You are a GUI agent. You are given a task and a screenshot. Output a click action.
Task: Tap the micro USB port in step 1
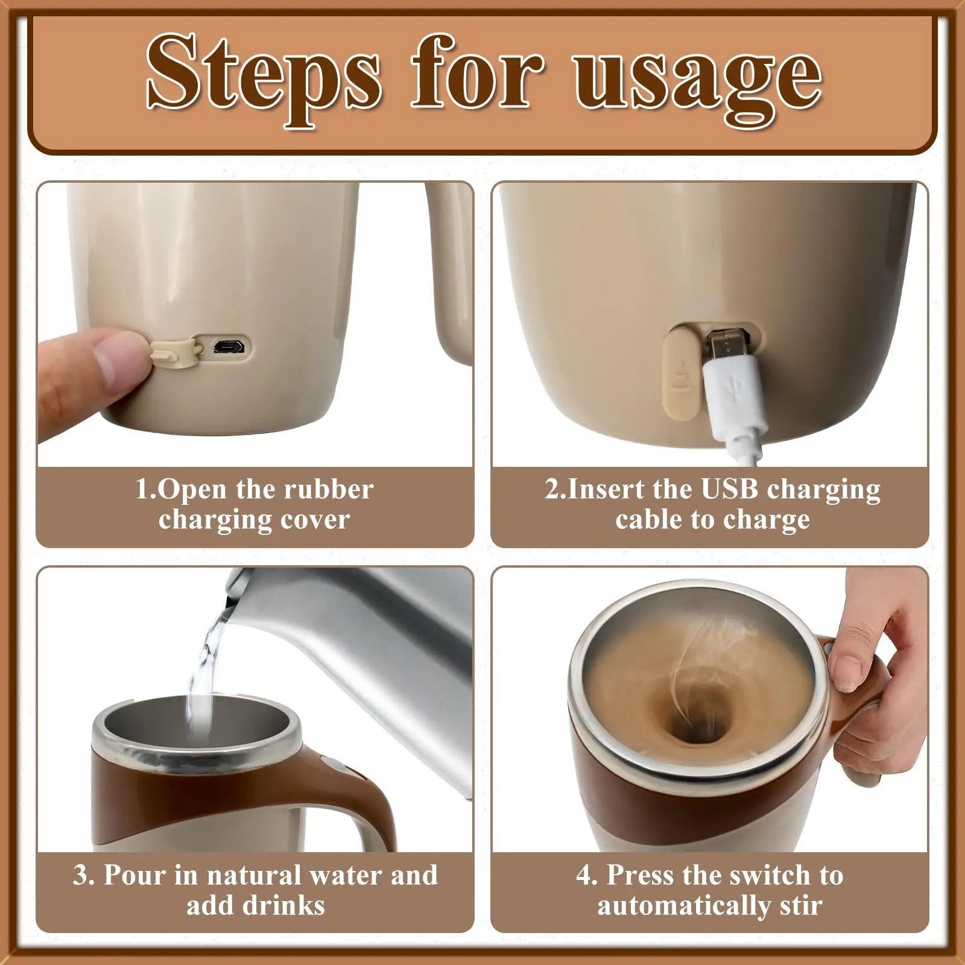click(228, 347)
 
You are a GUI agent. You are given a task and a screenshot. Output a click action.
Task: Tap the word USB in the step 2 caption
click(729, 489)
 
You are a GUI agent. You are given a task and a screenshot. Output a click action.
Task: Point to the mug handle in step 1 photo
click(449, 271)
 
